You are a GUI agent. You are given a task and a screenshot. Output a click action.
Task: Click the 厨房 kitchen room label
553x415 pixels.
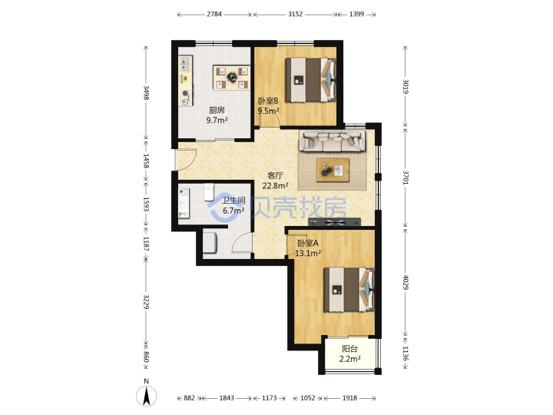217,110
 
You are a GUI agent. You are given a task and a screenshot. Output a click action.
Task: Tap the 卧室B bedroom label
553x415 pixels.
268,101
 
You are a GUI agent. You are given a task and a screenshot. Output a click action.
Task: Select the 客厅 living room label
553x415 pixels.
275,175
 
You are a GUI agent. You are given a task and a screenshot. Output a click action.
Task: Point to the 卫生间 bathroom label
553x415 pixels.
233,201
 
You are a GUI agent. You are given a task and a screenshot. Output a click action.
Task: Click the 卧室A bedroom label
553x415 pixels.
308,243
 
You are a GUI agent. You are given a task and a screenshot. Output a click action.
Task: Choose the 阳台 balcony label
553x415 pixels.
349,349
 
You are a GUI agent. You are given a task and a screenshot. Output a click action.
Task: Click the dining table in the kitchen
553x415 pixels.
232,78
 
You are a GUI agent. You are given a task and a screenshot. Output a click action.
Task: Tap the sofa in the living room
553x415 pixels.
332,140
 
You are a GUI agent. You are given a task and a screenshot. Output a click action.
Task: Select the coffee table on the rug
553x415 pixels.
333,170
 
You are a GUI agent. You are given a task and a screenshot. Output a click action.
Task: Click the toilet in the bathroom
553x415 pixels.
209,191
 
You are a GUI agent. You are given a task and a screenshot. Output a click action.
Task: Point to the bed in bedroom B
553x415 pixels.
310,80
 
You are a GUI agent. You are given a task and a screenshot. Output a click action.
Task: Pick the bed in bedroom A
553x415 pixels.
349,290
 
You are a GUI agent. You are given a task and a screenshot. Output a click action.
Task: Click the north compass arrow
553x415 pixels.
147,396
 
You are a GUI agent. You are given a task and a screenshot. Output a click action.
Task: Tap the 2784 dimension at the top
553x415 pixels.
214,14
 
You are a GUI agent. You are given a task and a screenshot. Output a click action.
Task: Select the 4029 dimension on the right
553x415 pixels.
406,282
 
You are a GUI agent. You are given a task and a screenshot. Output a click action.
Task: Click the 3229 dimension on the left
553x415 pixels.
146,302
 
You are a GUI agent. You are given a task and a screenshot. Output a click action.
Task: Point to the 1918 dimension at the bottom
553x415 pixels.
349,398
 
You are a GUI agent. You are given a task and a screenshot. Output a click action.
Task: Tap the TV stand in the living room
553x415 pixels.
334,222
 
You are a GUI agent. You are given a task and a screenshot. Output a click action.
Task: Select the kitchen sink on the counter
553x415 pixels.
185,65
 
